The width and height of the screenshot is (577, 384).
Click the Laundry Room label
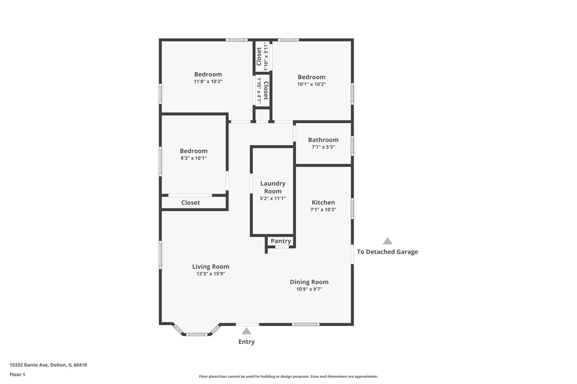272,187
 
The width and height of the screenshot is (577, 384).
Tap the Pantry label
281,241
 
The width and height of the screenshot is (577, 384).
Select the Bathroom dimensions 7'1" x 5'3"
323,147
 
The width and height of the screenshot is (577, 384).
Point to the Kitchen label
323,203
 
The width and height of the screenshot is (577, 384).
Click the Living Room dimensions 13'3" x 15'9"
210,274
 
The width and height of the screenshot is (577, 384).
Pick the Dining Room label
309,282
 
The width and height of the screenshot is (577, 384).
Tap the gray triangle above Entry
246,331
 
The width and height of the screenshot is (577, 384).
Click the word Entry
246,342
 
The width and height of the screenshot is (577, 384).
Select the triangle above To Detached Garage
387,241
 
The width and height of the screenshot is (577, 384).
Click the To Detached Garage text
387,252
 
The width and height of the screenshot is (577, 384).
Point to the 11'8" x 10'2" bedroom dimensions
208,82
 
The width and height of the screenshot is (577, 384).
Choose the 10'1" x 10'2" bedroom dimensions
311,85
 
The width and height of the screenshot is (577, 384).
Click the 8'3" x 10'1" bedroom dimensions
193,158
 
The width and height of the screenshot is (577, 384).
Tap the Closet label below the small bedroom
191,203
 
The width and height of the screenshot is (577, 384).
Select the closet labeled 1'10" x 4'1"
262,90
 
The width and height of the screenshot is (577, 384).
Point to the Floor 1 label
17,375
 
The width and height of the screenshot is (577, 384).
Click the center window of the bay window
197,334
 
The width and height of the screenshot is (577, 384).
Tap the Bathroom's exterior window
352,145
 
